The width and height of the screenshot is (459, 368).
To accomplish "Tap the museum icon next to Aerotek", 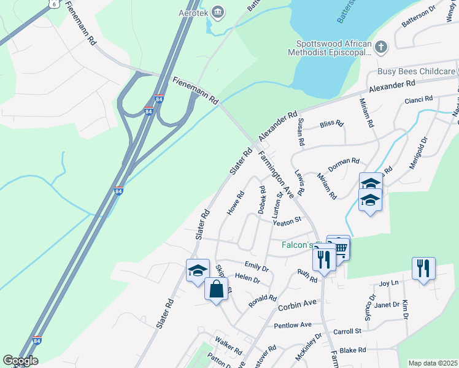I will [x=217, y=12].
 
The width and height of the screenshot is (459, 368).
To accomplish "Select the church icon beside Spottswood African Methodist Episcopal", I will [x=381, y=47].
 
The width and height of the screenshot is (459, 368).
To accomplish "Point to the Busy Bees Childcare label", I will [x=416, y=72].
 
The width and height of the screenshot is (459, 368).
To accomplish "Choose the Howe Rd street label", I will [x=236, y=203].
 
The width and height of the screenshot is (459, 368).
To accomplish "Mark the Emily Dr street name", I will [x=256, y=267].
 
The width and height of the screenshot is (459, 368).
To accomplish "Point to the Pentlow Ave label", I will [x=293, y=325].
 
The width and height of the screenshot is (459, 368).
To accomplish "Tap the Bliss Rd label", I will [x=331, y=124].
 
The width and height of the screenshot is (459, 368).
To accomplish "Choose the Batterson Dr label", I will [x=418, y=24].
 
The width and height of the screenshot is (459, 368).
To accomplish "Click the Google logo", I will [x=20, y=361].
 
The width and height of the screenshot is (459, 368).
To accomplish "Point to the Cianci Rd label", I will [x=418, y=99].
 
